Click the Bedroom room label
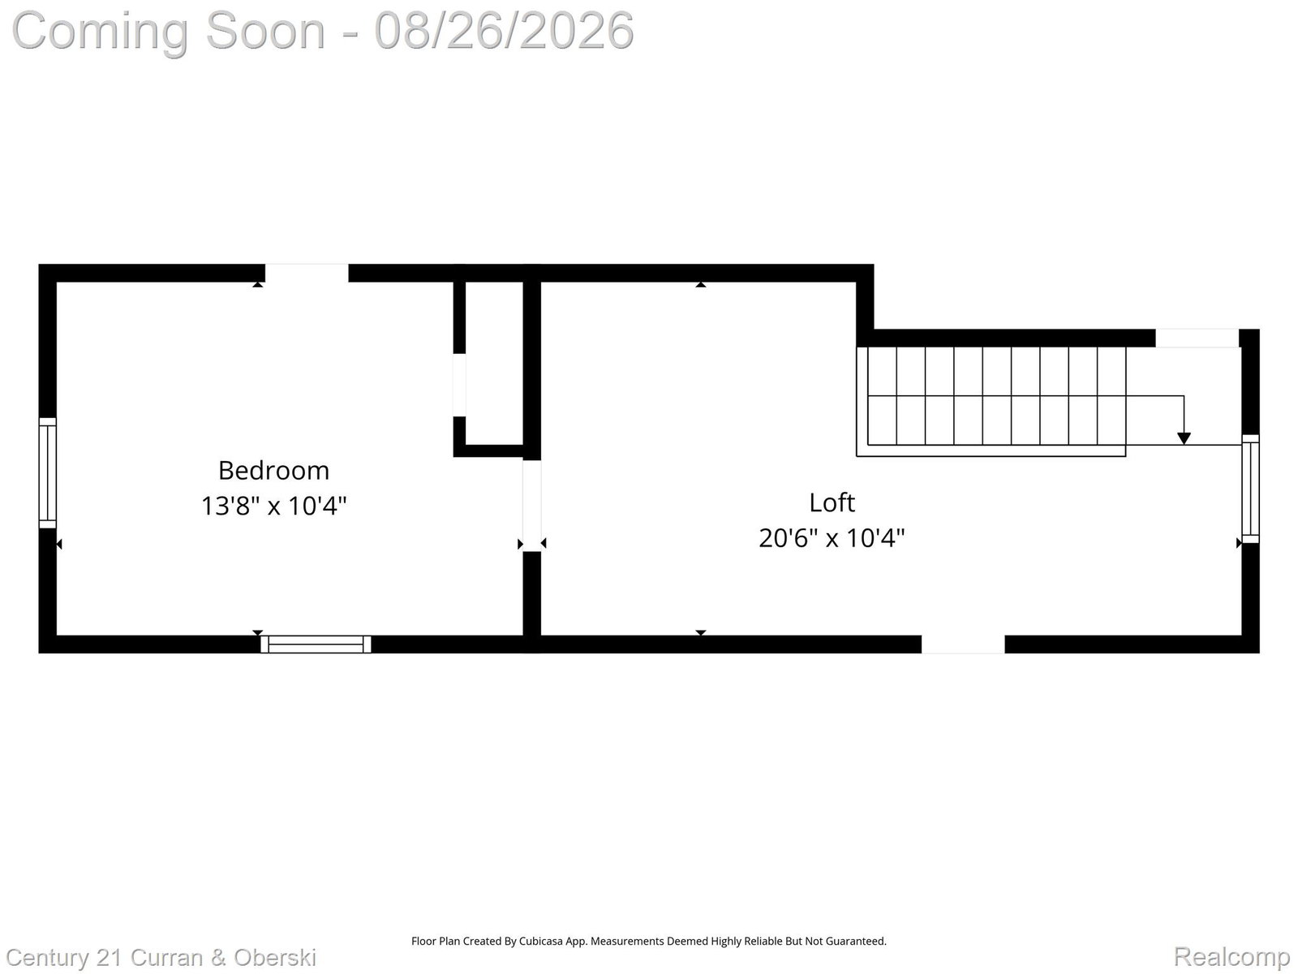273,471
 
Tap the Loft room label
832,502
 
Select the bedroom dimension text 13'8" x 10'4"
273,506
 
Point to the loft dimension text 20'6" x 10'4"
832,538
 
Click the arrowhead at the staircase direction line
1184,438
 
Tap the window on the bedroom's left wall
47,472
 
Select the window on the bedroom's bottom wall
316,644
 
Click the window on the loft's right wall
1250,489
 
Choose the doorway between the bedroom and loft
531,506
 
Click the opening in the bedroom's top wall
307,274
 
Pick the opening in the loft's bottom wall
963,644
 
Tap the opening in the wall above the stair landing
1197,338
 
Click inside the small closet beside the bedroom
494,364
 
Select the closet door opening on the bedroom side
459,385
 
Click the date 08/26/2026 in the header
504,31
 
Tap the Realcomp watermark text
1231,956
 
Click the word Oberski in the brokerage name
275,958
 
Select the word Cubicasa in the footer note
541,942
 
